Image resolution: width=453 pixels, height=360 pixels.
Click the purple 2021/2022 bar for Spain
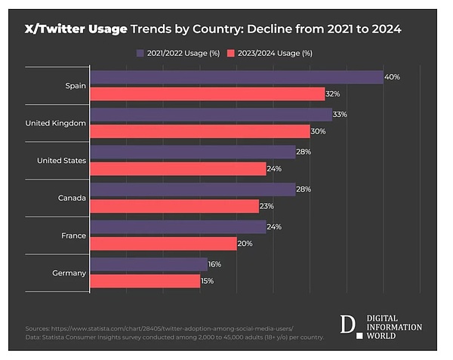tap(236, 77)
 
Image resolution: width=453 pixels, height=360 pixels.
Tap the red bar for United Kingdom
tap(199, 131)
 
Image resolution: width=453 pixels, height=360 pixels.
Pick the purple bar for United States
tap(193, 152)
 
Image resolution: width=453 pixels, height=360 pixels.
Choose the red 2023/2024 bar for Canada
tap(174, 206)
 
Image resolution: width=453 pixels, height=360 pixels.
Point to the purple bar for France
tap(177, 226)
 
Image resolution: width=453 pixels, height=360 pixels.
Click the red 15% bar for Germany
tap(144, 281)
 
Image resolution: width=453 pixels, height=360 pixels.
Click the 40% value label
tap(393, 78)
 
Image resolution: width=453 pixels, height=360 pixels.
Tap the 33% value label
tap(341, 115)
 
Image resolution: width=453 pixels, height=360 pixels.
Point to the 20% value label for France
tap(245, 243)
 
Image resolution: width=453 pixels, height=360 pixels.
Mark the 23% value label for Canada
tap(267, 206)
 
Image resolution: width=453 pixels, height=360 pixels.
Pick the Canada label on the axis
tap(72, 198)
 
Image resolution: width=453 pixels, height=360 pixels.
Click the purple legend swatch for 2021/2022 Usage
tap(141, 53)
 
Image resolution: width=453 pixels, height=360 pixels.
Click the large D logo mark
tap(347, 325)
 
